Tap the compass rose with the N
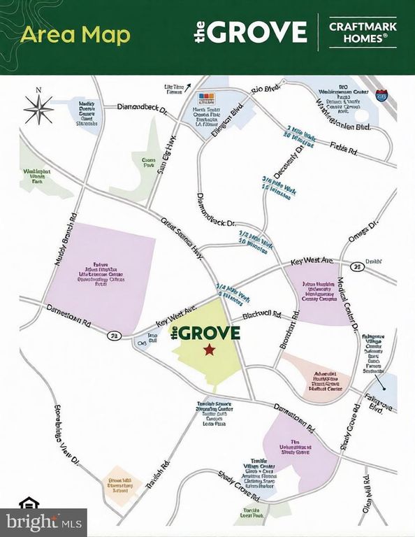(x=39, y=109)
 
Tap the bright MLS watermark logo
(x=43, y=521)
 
